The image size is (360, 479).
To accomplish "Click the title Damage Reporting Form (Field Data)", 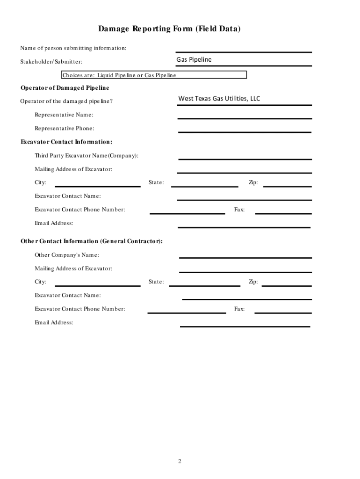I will (169, 29).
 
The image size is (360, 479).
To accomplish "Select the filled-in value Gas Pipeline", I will (194, 60).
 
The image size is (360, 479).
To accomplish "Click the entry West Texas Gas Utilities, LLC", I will (219, 99).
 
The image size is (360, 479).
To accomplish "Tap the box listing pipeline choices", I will (154, 75).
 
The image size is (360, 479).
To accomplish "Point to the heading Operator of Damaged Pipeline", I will (65, 88).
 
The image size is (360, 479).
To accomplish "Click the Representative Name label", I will (64, 115).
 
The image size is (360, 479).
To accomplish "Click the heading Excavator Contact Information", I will (66, 142).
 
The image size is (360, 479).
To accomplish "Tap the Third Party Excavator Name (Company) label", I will (86, 155).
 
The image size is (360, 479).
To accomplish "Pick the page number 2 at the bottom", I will (179, 462).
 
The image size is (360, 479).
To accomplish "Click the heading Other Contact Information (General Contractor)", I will (92, 241).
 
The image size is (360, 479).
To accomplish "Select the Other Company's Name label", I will (66, 255).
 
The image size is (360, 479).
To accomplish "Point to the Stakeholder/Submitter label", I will (51, 61).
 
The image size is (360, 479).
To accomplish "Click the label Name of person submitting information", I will (73, 48).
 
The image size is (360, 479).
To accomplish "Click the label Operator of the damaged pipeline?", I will (66, 102).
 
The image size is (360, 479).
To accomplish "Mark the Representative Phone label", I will (64, 128).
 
